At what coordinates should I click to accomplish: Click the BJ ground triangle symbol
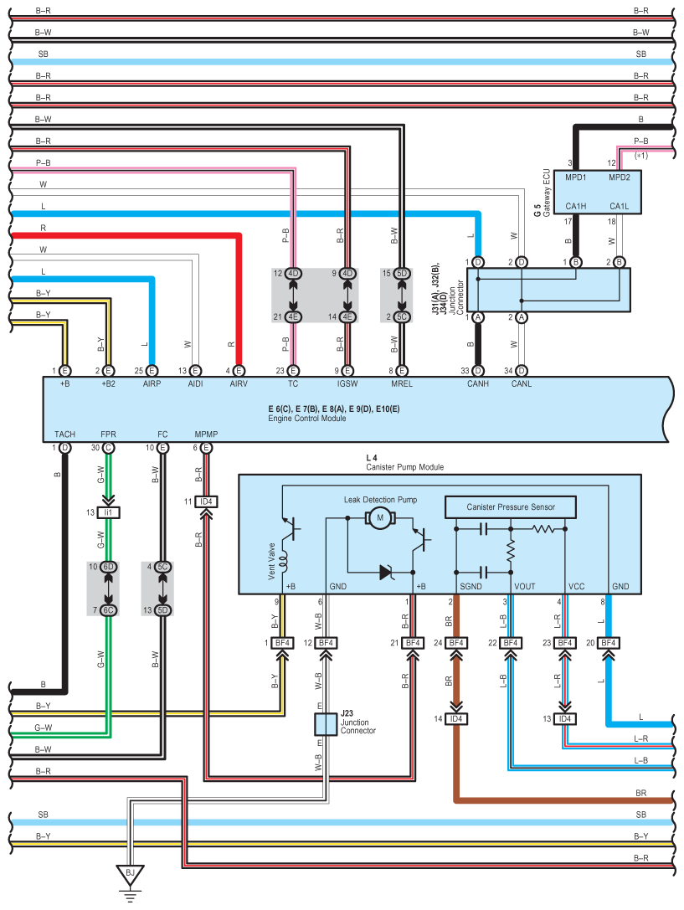point(130,875)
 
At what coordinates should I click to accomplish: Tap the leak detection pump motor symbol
point(380,519)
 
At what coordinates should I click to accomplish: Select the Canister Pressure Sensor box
point(511,506)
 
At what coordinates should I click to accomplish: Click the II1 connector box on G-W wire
point(109,512)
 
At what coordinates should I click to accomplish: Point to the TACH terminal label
point(64,434)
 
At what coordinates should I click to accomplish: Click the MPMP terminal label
point(206,434)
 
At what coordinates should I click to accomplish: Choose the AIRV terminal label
point(239,384)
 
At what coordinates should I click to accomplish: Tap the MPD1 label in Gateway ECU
point(575,177)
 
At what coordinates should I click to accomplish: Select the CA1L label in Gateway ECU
point(620,206)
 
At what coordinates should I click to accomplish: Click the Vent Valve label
point(271,563)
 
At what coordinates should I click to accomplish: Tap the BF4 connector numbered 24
point(455,643)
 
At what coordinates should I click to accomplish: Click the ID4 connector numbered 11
point(206,502)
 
